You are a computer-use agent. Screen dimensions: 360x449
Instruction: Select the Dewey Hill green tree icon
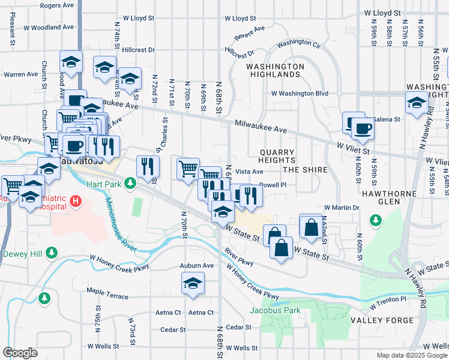52,253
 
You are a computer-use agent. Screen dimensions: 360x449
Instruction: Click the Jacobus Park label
275,310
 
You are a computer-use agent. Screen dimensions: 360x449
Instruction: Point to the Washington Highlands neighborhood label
274,70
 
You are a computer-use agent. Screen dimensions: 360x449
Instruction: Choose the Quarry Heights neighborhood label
277,157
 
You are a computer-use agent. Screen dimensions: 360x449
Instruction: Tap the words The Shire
305,170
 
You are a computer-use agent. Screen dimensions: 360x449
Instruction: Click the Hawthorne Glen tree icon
375,220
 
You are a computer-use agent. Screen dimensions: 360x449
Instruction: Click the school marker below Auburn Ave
193,284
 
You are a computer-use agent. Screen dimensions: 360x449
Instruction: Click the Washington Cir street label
299,44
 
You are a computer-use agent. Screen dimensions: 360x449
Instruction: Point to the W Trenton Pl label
388,302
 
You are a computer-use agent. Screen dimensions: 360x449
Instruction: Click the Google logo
20,353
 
